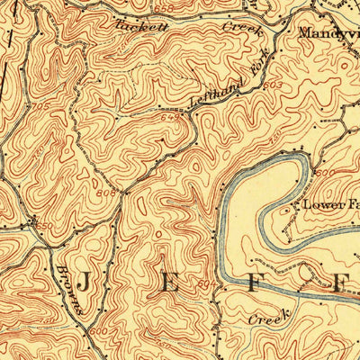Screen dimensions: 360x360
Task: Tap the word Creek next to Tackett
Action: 241,29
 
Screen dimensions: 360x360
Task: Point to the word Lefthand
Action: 212,94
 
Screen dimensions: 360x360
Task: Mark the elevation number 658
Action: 162,8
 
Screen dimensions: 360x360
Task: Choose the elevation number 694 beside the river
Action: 207,284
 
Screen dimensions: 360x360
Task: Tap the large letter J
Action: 83,283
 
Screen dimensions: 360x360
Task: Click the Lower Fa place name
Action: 330,204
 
